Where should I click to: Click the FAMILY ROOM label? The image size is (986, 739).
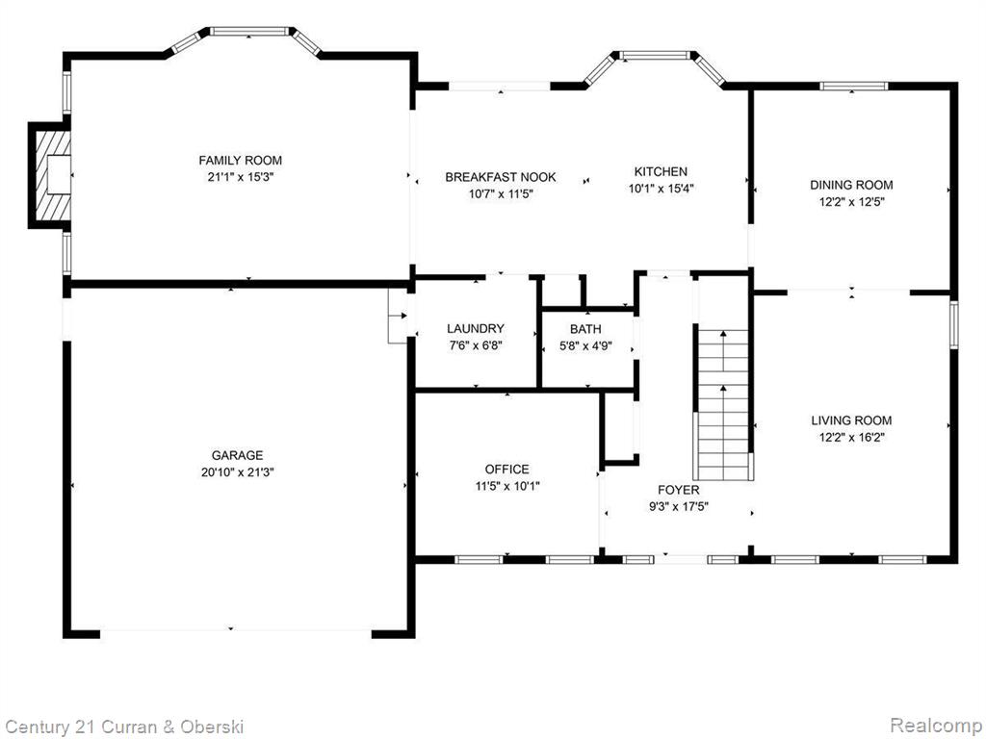[x=240, y=161]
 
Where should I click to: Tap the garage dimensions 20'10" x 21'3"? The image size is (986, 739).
[x=238, y=471]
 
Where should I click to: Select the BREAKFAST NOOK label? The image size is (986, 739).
[x=501, y=177]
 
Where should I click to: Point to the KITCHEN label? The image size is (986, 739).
[x=661, y=171]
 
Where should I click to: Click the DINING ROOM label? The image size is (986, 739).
[x=851, y=185]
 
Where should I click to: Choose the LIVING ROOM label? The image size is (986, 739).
[x=851, y=420]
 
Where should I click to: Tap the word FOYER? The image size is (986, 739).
[x=679, y=490]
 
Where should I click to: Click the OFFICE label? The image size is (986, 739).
[x=506, y=469]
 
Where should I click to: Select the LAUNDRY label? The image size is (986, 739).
[x=476, y=328]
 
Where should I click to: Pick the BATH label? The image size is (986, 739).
[x=585, y=329]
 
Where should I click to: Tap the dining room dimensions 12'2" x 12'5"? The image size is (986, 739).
[x=851, y=202]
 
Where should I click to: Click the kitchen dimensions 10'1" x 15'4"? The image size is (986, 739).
[x=661, y=188]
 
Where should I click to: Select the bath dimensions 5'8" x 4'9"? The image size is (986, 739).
[x=585, y=345]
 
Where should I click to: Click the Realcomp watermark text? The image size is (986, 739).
[x=936, y=725]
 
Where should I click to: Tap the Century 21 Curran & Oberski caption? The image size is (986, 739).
[x=124, y=727]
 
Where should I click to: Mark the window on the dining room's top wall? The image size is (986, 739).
[x=853, y=86]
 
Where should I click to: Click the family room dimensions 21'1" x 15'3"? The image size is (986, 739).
[x=240, y=177]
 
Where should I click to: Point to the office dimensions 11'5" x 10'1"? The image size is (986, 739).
[x=506, y=486]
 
